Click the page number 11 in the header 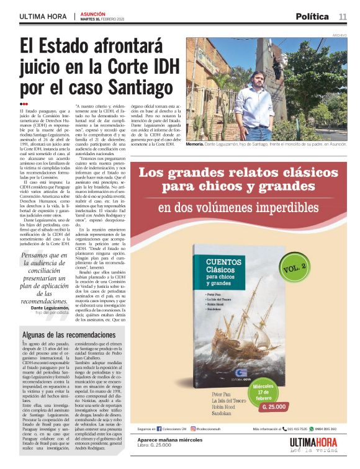[343, 16]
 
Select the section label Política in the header [312, 16]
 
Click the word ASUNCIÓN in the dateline [93, 14]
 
